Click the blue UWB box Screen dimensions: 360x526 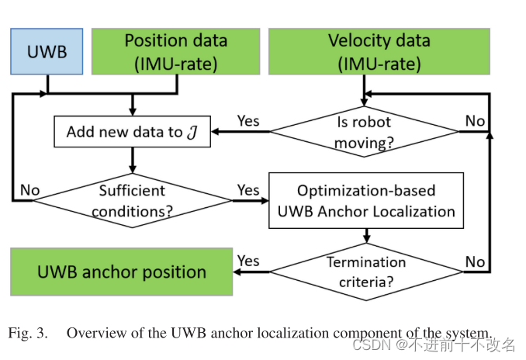[x=47, y=51]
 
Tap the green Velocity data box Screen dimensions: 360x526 [x=379, y=51]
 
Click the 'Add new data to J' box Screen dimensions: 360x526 [x=132, y=131]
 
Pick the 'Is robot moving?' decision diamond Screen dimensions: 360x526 [x=363, y=131]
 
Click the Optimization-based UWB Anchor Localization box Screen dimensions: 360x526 [x=366, y=199]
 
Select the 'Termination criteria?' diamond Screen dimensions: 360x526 [x=366, y=272]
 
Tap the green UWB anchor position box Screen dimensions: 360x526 [x=121, y=272]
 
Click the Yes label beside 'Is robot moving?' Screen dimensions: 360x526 [x=247, y=121]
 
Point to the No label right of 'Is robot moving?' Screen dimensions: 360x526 [x=475, y=121]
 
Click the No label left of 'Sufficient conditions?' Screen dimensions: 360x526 [x=29, y=189]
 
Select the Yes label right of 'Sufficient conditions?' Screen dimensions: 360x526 [x=247, y=189]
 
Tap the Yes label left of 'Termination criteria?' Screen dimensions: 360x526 [x=247, y=261]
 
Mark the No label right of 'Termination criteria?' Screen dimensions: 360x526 [x=475, y=261]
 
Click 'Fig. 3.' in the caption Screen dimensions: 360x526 [x=28, y=333]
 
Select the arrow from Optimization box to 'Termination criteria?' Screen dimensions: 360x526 [x=366, y=237]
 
